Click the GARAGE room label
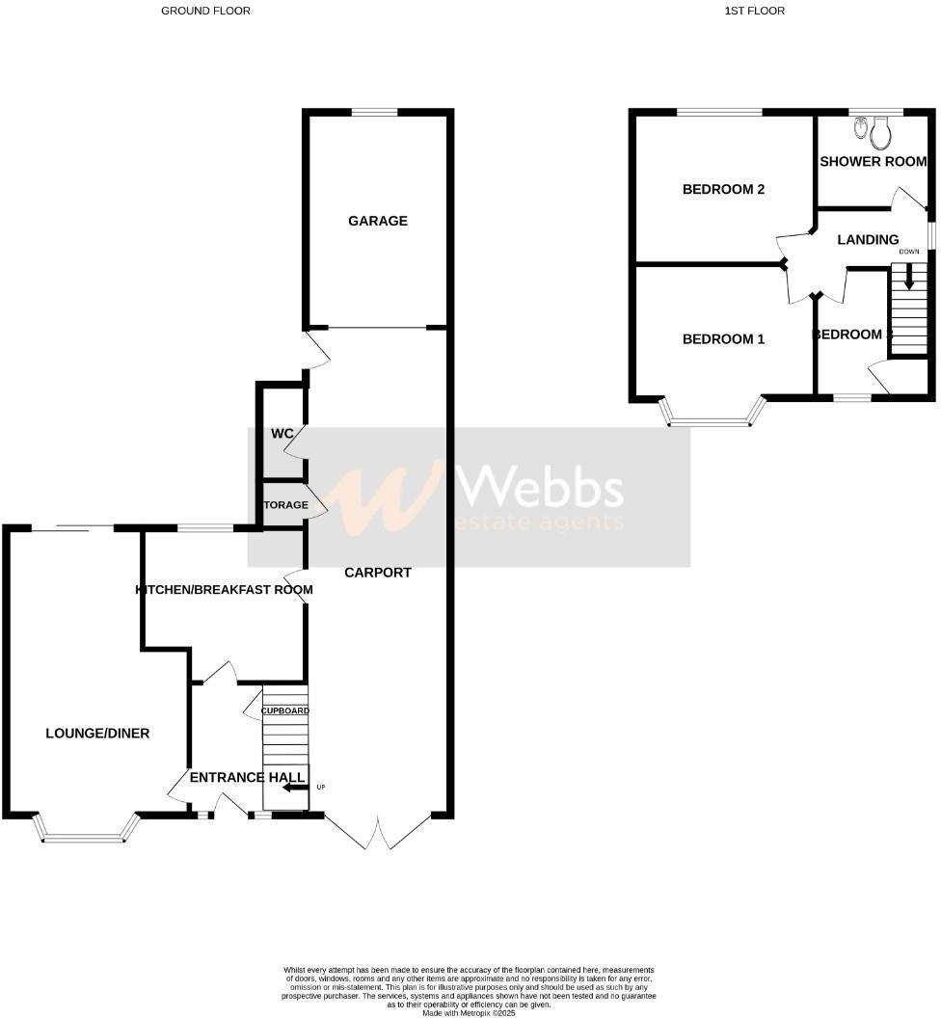pos(378,221)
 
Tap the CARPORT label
pos(378,573)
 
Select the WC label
pos(282,434)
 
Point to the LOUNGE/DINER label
pos(97,734)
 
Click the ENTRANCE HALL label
pos(247,777)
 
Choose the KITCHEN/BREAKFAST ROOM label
pos(225,590)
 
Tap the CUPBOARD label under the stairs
pos(284,711)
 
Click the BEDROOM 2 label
pos(723,189)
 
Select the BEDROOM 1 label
pos(723,339)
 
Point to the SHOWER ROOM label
pos(873,162)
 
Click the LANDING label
pos(868,240)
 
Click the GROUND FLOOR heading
pos(205,11)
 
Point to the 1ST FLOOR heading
pos(753,11)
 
